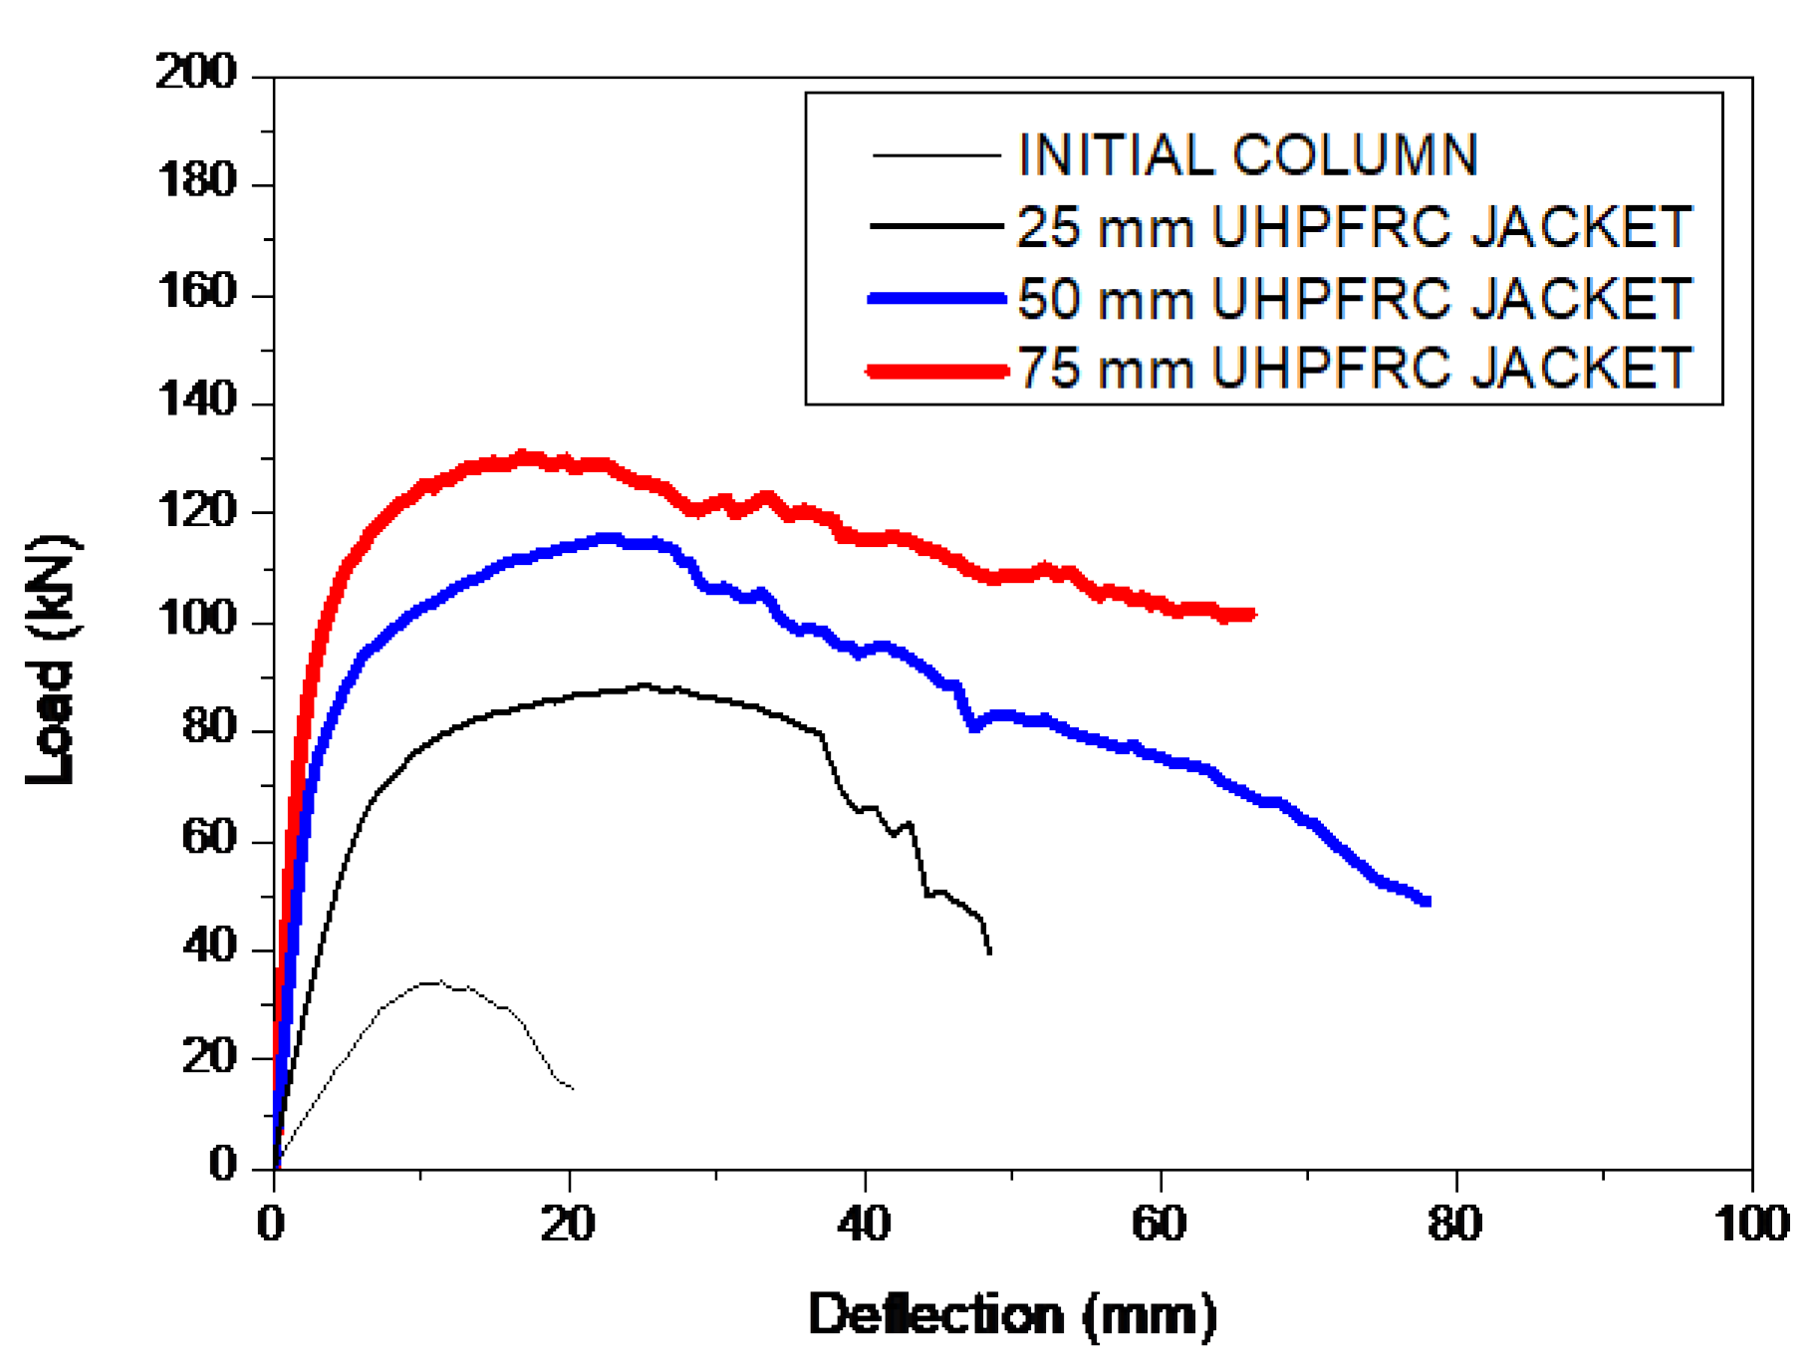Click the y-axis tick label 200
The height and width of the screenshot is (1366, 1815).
pos(196,73)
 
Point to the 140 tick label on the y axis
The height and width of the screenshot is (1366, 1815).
pos(196,401)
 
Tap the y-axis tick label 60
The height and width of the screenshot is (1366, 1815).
pos(209,837)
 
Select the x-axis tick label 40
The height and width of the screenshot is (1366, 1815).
pos(864,1224)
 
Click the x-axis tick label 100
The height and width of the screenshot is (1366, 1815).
pos(1750,1224)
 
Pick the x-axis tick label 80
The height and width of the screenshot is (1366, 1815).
pos(1454,1224)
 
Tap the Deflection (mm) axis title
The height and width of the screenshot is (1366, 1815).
pos(1012,1315)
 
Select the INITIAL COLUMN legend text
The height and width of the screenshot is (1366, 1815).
pos(1247,155)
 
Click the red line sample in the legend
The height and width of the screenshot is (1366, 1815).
pos(936,371)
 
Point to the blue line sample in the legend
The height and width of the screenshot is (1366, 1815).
pos(936,298)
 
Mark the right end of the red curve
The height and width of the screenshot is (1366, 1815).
pos(1252,615)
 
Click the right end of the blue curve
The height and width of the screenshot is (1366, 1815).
pos(1427,901)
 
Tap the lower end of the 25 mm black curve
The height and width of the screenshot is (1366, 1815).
pos(989,953)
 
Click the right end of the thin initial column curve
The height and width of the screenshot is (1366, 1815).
pos(572,1088)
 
